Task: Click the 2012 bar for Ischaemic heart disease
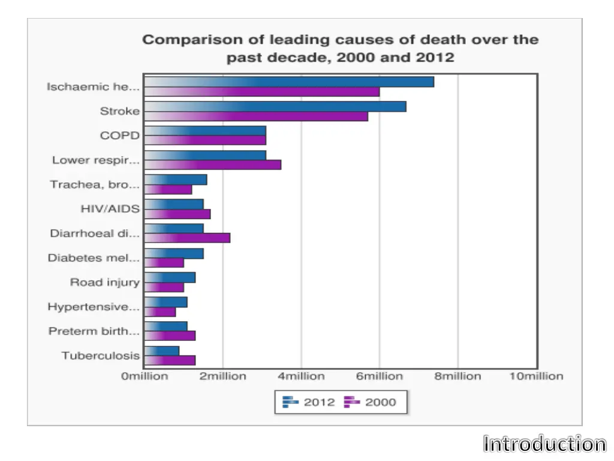click(289, 82)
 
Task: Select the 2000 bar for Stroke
click(257, 116)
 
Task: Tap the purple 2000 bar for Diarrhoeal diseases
click(188, 238)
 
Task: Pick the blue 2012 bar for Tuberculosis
click(162, 351)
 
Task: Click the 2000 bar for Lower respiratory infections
click(213, 165)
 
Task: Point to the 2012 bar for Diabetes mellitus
click(174, 253)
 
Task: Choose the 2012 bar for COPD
click(205, 131)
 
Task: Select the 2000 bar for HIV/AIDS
click(178, 214)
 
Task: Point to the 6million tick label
click(379, 376)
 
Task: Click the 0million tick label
click(145, 376)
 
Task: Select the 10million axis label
click(537, 376)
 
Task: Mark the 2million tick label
click(222, 376)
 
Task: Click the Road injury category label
click(104, 282)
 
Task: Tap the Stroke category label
click(119, 111)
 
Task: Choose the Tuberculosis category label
click(100, 355)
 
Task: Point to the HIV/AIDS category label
click(110, 209)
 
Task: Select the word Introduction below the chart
click(544, 444)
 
